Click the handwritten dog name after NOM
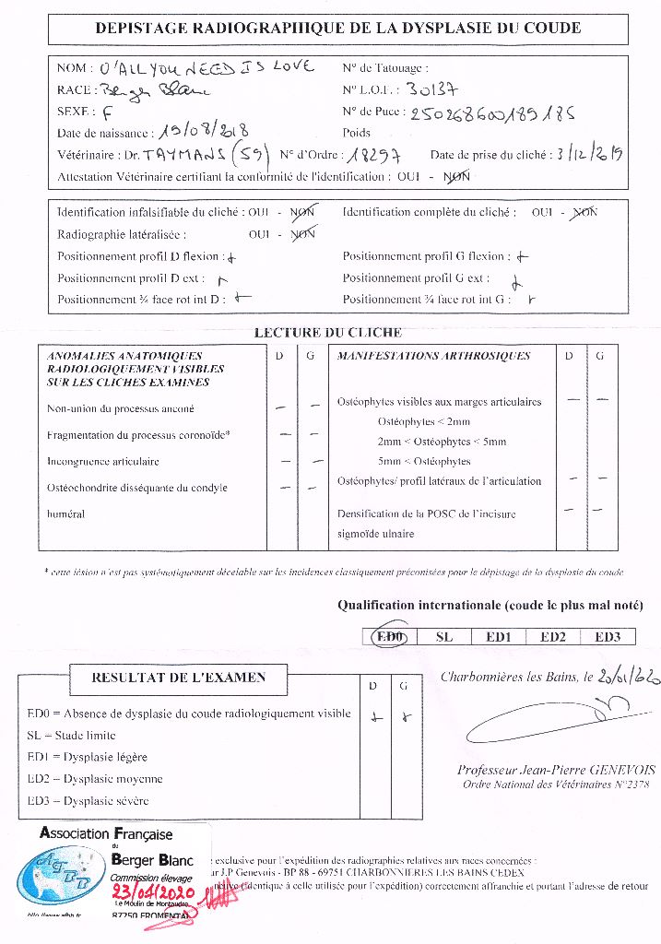click(x=206, y=66)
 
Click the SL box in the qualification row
click(x=443, y=635)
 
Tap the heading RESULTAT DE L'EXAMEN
click(x=179, y=678)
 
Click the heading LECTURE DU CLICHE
click(x=327, y=332)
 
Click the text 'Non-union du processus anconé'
click(x=121, y=408)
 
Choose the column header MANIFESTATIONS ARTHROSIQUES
click(x=433, y=356)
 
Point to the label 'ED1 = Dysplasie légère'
click(x=88, y=757)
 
